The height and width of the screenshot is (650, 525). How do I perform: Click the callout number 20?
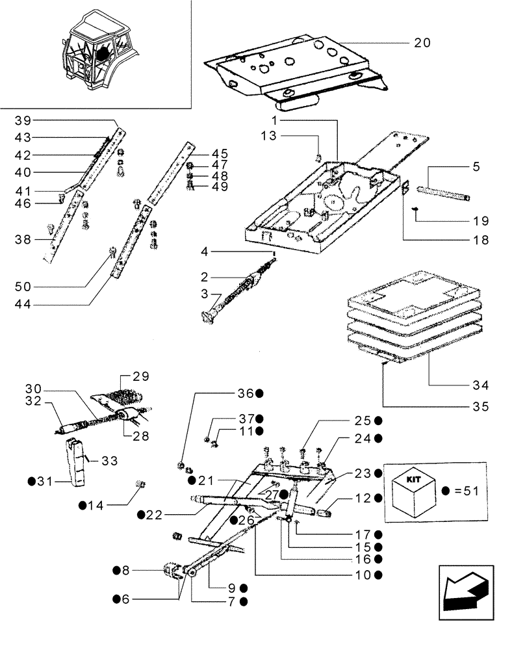422,43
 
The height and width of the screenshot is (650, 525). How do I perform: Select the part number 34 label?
481,385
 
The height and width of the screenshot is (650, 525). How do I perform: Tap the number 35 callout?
481,408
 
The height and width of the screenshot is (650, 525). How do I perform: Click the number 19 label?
481,220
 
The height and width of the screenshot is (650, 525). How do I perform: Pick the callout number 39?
23,121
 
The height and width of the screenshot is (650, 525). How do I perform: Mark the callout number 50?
23,286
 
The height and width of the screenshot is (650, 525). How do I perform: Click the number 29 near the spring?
141,376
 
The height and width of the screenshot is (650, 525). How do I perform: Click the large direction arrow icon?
463,588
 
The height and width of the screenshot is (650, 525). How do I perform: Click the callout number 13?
287,136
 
